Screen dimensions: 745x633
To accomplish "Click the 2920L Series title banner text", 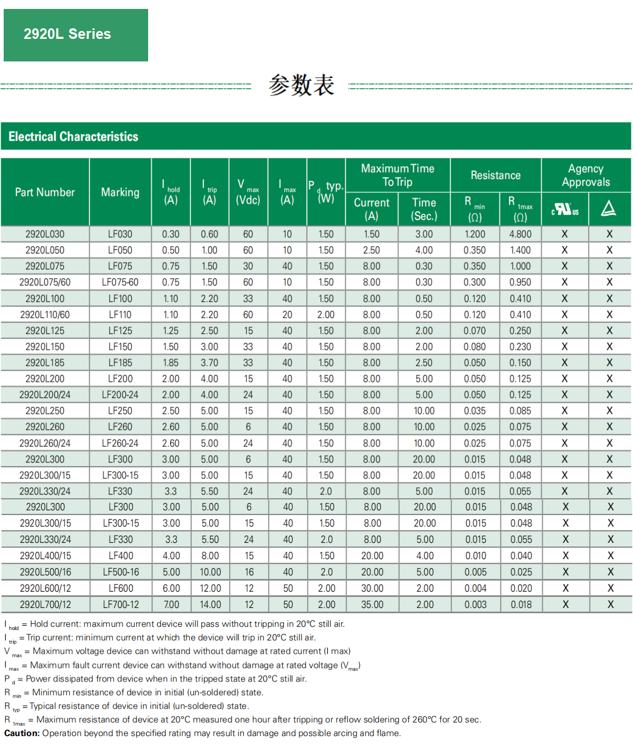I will tap(67, 34).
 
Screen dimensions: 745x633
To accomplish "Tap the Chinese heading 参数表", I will tap(301, 85).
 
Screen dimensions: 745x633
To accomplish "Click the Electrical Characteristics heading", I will tap(74, 137).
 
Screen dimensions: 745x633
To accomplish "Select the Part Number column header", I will tap(45, 192).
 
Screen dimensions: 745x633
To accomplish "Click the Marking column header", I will tap(120, 192).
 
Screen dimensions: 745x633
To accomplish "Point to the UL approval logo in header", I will tap(565, 209).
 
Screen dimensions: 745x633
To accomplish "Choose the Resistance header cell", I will tap(495, 175).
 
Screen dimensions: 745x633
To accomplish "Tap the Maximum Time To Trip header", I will tap(398, 175).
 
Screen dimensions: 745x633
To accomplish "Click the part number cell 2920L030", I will tap(45, 234).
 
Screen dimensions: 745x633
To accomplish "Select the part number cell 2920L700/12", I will tap(45, 604).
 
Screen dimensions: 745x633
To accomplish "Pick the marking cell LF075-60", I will tap(120, 282).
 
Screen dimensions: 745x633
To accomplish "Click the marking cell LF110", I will tap(120, 314).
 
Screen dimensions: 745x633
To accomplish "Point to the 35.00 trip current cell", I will tap(372, 604).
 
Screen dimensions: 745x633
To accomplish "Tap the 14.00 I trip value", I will tap(210, 604).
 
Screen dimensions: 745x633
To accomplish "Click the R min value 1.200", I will tap(475, 234).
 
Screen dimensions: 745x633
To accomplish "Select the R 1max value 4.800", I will tap(520, 234).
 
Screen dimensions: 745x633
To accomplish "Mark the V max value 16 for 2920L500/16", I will tap(249, 572).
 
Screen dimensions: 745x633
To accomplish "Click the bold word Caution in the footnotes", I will tap(22, 733).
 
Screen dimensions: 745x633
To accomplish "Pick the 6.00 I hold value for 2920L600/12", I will tap(171, 588).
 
